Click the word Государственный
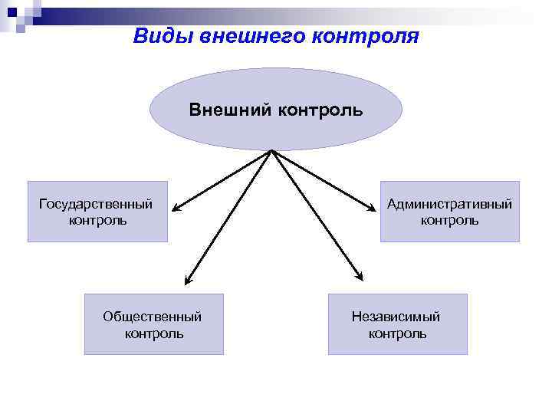point(96,204)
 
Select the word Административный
point(449,204)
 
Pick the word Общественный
point(153,317)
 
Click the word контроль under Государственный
point(97,221)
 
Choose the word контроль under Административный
point(449,221)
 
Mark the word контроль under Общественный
point(154,333)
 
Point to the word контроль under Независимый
point(397,333)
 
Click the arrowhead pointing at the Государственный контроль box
point(176,208)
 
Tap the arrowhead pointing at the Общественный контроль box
point(189,281)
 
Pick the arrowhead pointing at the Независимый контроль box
point(360,278)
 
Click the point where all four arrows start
point(271,151)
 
